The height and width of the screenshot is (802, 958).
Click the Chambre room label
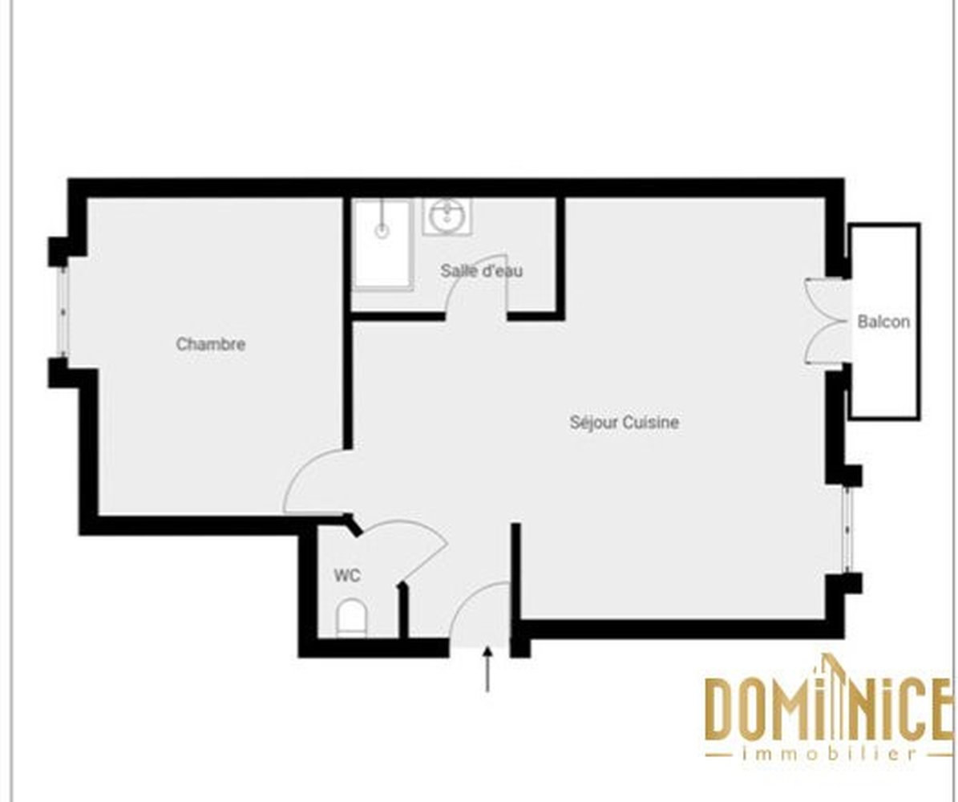211,345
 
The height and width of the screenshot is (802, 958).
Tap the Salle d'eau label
482,271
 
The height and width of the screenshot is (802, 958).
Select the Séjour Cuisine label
624,422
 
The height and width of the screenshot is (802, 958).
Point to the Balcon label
883,322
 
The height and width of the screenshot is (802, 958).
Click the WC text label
347,576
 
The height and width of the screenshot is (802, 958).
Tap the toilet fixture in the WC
351,618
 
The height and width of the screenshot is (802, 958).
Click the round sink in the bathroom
447,215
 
